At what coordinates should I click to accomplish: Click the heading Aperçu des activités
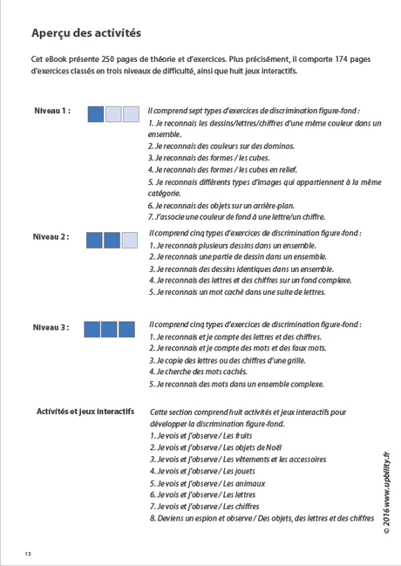point(85,33)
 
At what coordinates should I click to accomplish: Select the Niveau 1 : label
point(52,113)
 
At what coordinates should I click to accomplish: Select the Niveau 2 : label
point(51,237)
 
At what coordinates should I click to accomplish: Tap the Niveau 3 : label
point(51,327)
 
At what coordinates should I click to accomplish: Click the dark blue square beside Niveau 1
point(96,113)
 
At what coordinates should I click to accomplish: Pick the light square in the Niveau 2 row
point(129,240)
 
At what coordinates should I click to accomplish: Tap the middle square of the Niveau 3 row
point(109,329)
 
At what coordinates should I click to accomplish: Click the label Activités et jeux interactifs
point(85,412)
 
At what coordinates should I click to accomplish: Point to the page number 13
point(28,554)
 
